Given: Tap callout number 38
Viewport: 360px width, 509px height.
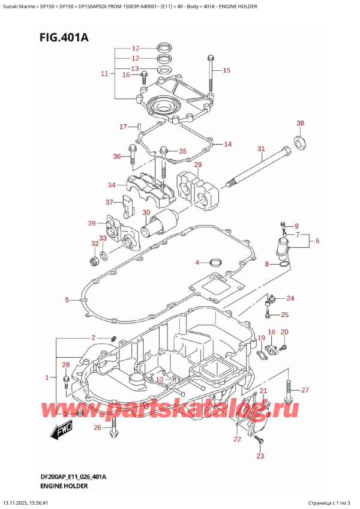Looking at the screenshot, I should (300, 124).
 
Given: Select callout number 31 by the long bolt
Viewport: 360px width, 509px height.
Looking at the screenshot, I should (261, 149).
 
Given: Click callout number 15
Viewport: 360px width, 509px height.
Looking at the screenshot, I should (226, 71).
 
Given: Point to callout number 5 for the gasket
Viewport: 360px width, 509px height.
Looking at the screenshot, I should (68, 300).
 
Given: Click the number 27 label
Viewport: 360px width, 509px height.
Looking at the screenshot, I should (304, 391).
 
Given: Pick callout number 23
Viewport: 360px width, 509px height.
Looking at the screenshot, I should (260, 456).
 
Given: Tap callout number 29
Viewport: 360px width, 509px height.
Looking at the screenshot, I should (197, 165).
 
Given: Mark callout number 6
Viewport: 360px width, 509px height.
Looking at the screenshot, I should (317, 241).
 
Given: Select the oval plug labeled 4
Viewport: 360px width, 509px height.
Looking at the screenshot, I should (215, 262).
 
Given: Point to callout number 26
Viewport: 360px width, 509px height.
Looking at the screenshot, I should (97, 427).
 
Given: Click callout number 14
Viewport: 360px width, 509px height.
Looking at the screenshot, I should (227, 144).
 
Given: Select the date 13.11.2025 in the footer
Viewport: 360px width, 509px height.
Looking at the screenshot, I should (20, 502).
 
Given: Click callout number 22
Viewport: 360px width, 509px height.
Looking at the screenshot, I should (237, 440).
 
